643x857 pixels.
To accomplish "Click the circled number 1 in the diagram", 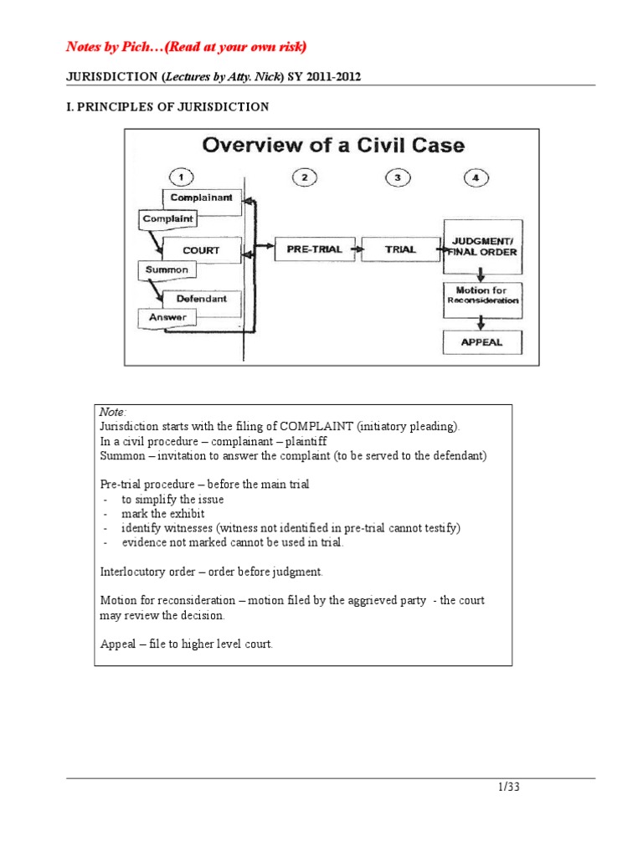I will click(183, 177).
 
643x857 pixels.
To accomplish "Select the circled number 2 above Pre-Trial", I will click(306, 177).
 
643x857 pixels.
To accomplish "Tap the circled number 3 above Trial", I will click(399, 177).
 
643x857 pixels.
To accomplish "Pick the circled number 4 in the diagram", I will click(476, 177).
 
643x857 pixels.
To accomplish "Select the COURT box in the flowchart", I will click(202, 249).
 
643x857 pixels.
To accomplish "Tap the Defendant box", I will click(201, 299).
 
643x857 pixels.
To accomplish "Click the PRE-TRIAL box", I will click(306, 249).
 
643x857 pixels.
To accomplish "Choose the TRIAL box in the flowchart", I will click(400, 249).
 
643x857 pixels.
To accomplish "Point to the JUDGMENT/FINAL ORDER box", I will click(483, 245).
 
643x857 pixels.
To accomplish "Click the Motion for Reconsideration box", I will click(483, 295).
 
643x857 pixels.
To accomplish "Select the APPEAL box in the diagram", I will click(483, 342).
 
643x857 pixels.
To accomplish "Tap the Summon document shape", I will click(167, 270).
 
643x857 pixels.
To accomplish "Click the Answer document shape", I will click(167, 318).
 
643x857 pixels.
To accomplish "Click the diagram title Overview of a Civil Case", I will click(333, 146).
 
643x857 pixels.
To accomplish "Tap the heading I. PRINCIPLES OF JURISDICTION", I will click(167, 106).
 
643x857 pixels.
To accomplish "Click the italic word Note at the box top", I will click(112, 412).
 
